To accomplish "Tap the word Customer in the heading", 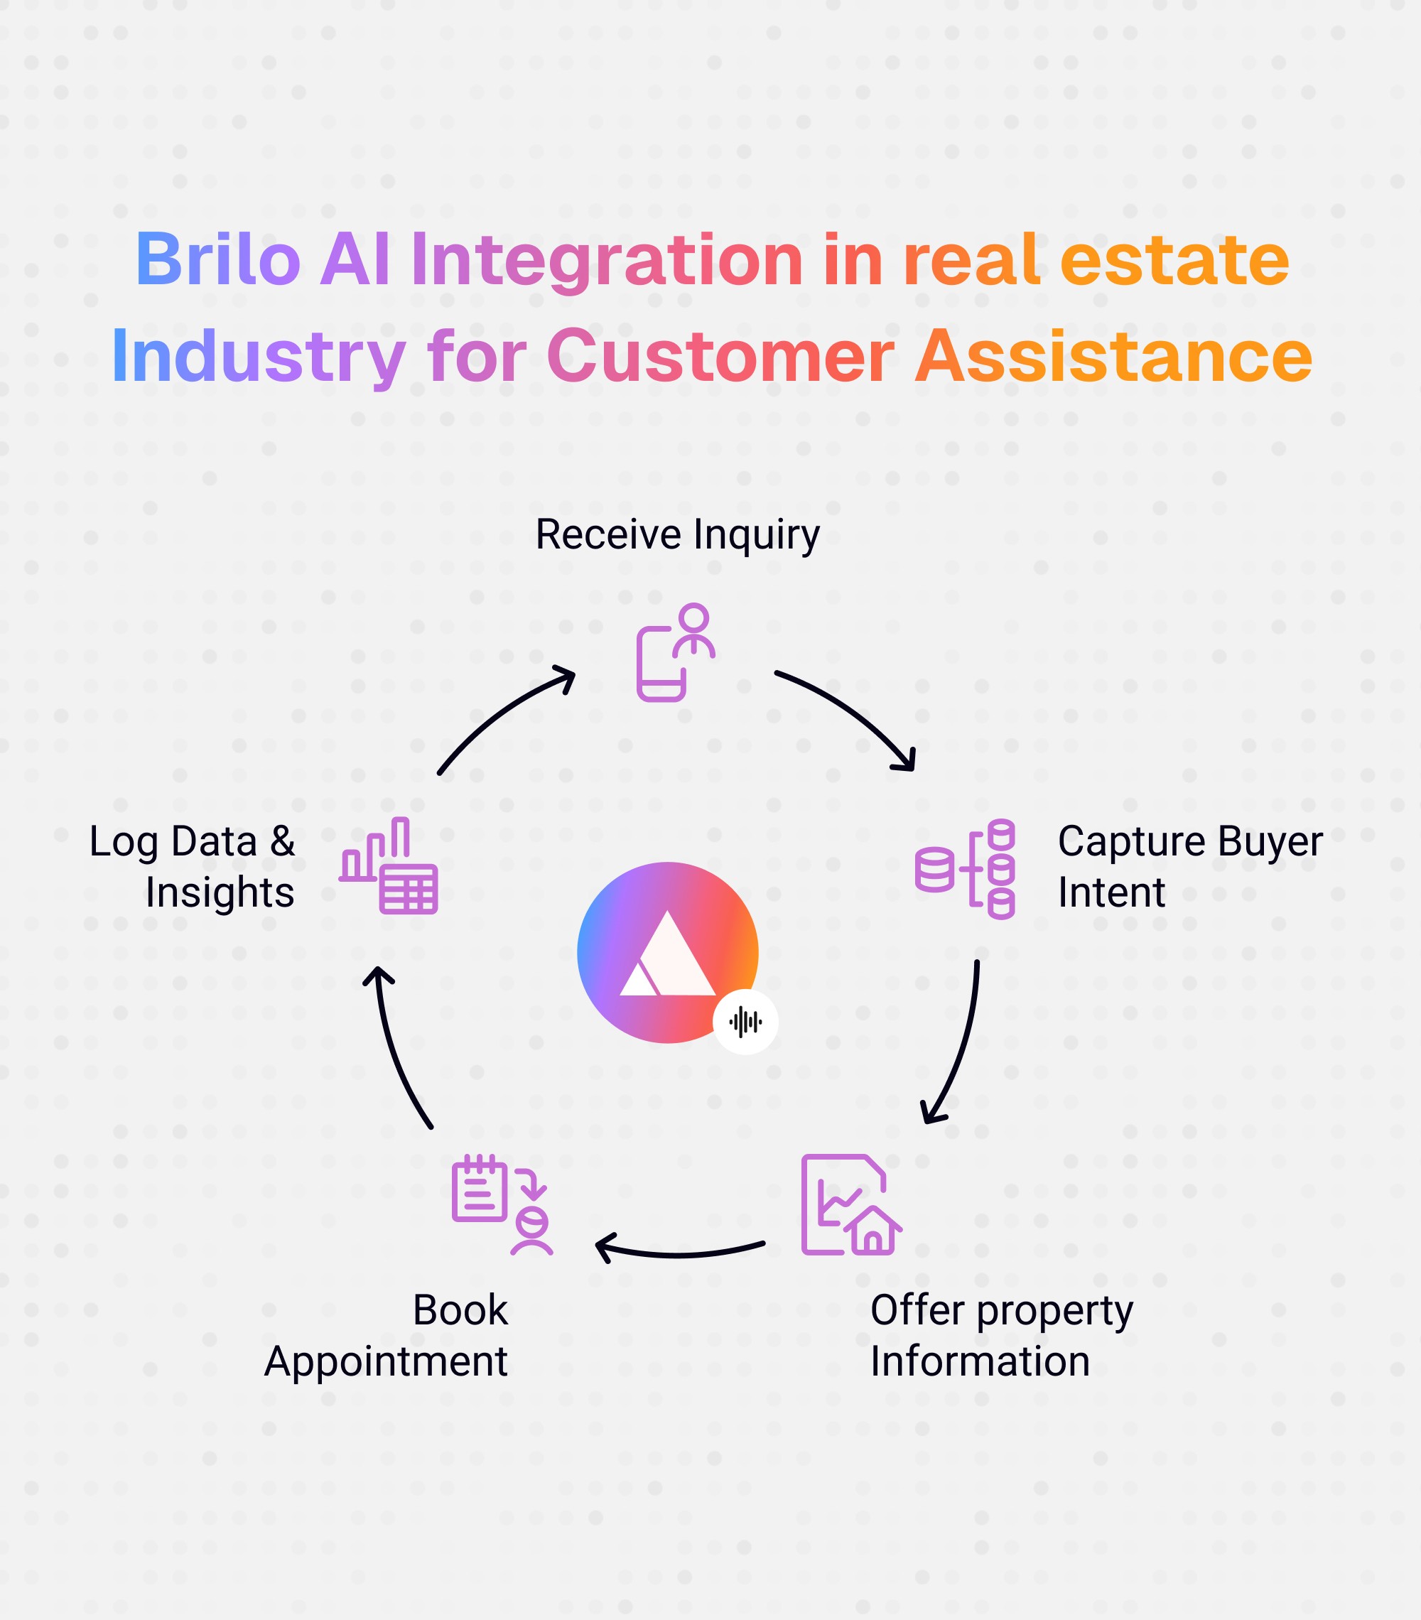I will click(720, 356).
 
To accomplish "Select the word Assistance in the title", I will click(1113, 356).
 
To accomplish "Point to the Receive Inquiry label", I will click(678, 534).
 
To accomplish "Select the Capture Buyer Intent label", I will click(1189, 866).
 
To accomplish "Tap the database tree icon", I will click(966, 869).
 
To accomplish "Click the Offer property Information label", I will click(1001, 1336).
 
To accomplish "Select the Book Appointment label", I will click(386, 1336).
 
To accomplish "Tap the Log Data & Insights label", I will click(192, 866).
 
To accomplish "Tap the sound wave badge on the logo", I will click(745, 1022).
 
